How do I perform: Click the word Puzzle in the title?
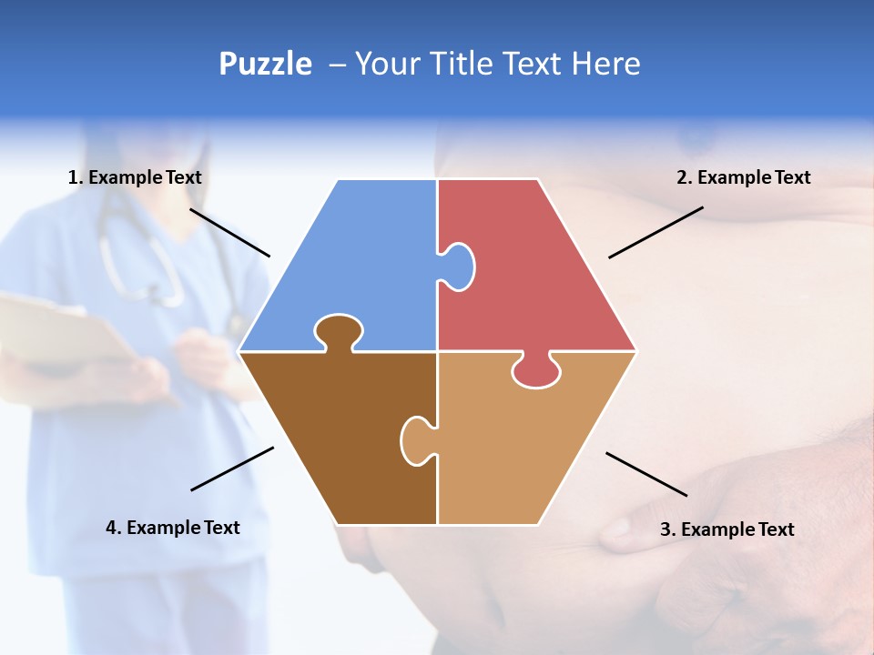tap(265, 64)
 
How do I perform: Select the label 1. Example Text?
tap(135, 177)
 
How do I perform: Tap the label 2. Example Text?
tap(743, 177)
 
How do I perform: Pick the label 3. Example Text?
tap(727, 529)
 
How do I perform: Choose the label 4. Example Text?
tap(173, 528)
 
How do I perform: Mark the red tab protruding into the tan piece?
tap(536, 371)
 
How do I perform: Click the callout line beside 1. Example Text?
tap(229, 232)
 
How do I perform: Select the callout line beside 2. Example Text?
tap(655, 232)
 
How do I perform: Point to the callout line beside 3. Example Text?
tap(646, 474)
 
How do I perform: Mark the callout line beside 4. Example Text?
tap(232, 469)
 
